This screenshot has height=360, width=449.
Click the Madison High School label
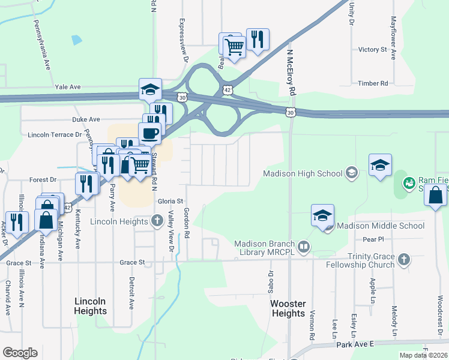point(303,174)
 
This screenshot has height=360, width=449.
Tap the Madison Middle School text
point(381,226)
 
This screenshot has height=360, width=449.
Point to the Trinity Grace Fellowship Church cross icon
point(404,259)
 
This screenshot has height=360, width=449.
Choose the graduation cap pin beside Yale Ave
point(150,89)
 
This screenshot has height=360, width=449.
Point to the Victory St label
point(372,50)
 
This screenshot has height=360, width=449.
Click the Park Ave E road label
point(355,344)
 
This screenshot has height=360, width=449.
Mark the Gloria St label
point(170,202)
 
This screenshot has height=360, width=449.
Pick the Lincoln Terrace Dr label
point(50,135)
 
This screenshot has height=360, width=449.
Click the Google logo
point(20,353)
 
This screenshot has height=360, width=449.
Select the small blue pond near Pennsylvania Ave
point(76,40)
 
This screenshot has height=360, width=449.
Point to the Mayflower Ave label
point(394,45)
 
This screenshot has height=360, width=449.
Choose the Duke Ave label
point(85,119)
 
